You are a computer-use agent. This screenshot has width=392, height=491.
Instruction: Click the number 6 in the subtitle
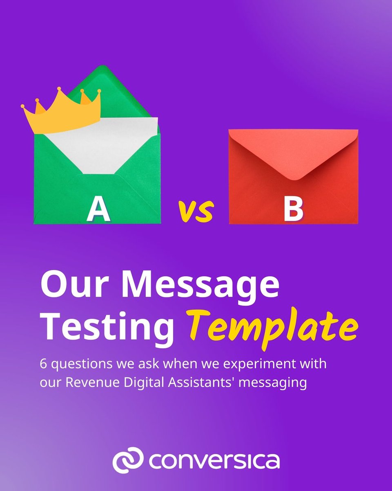click(43, 364)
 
